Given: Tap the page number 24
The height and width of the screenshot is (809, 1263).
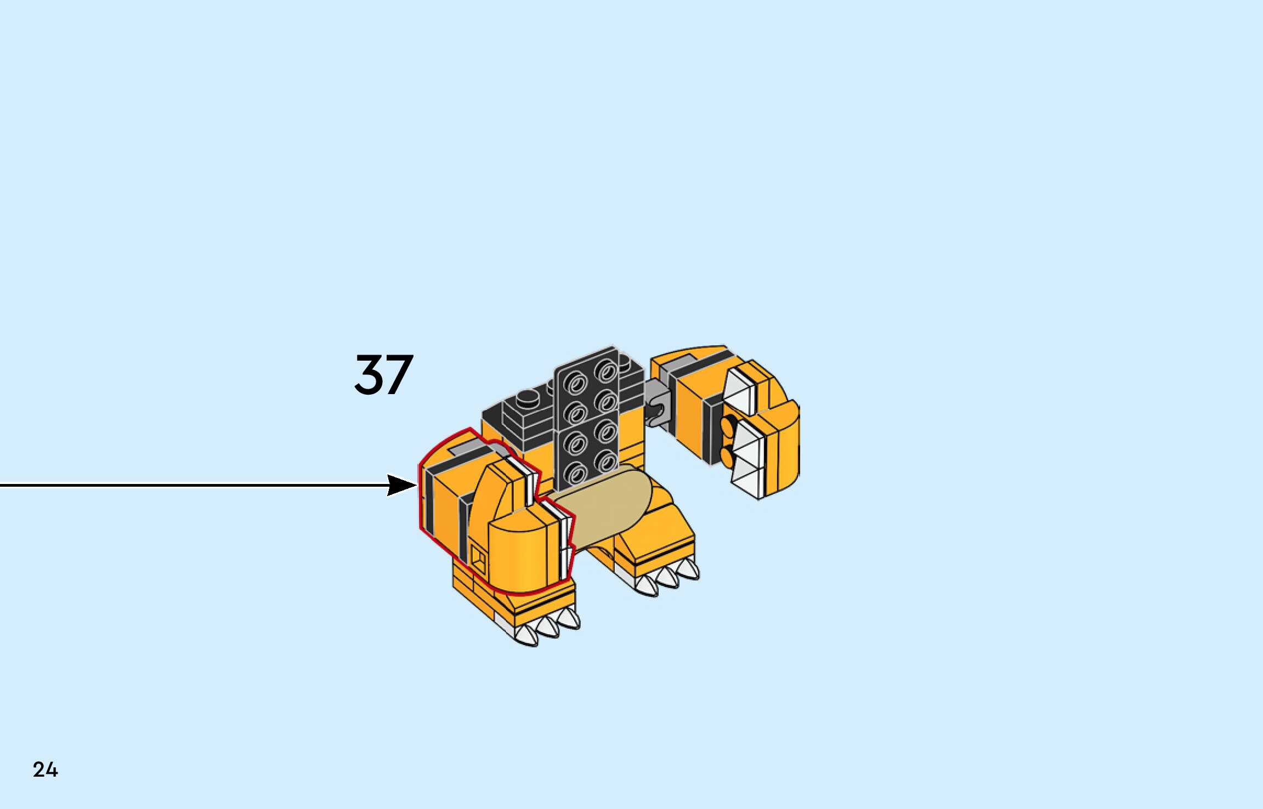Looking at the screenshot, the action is (x=45, y=770).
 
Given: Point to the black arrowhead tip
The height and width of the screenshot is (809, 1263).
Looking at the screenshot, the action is (x=415, y=485).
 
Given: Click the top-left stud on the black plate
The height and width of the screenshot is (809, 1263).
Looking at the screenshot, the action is (x=575, y=383).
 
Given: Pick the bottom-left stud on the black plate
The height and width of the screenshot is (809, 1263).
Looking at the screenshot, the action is (x=575, y=472).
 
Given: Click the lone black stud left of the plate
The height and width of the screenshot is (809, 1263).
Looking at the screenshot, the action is (x=528, y=396).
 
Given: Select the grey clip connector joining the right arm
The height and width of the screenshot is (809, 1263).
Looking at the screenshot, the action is (x=658, y=408).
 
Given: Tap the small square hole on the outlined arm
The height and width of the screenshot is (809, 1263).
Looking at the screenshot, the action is (x=478, y=560).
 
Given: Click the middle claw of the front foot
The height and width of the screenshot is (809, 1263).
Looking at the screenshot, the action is (x=547, y=625).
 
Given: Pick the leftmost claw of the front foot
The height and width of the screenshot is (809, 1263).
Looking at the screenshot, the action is (x=526, y=635).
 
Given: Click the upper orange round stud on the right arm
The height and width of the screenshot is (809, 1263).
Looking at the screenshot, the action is (x=729, y=424).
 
